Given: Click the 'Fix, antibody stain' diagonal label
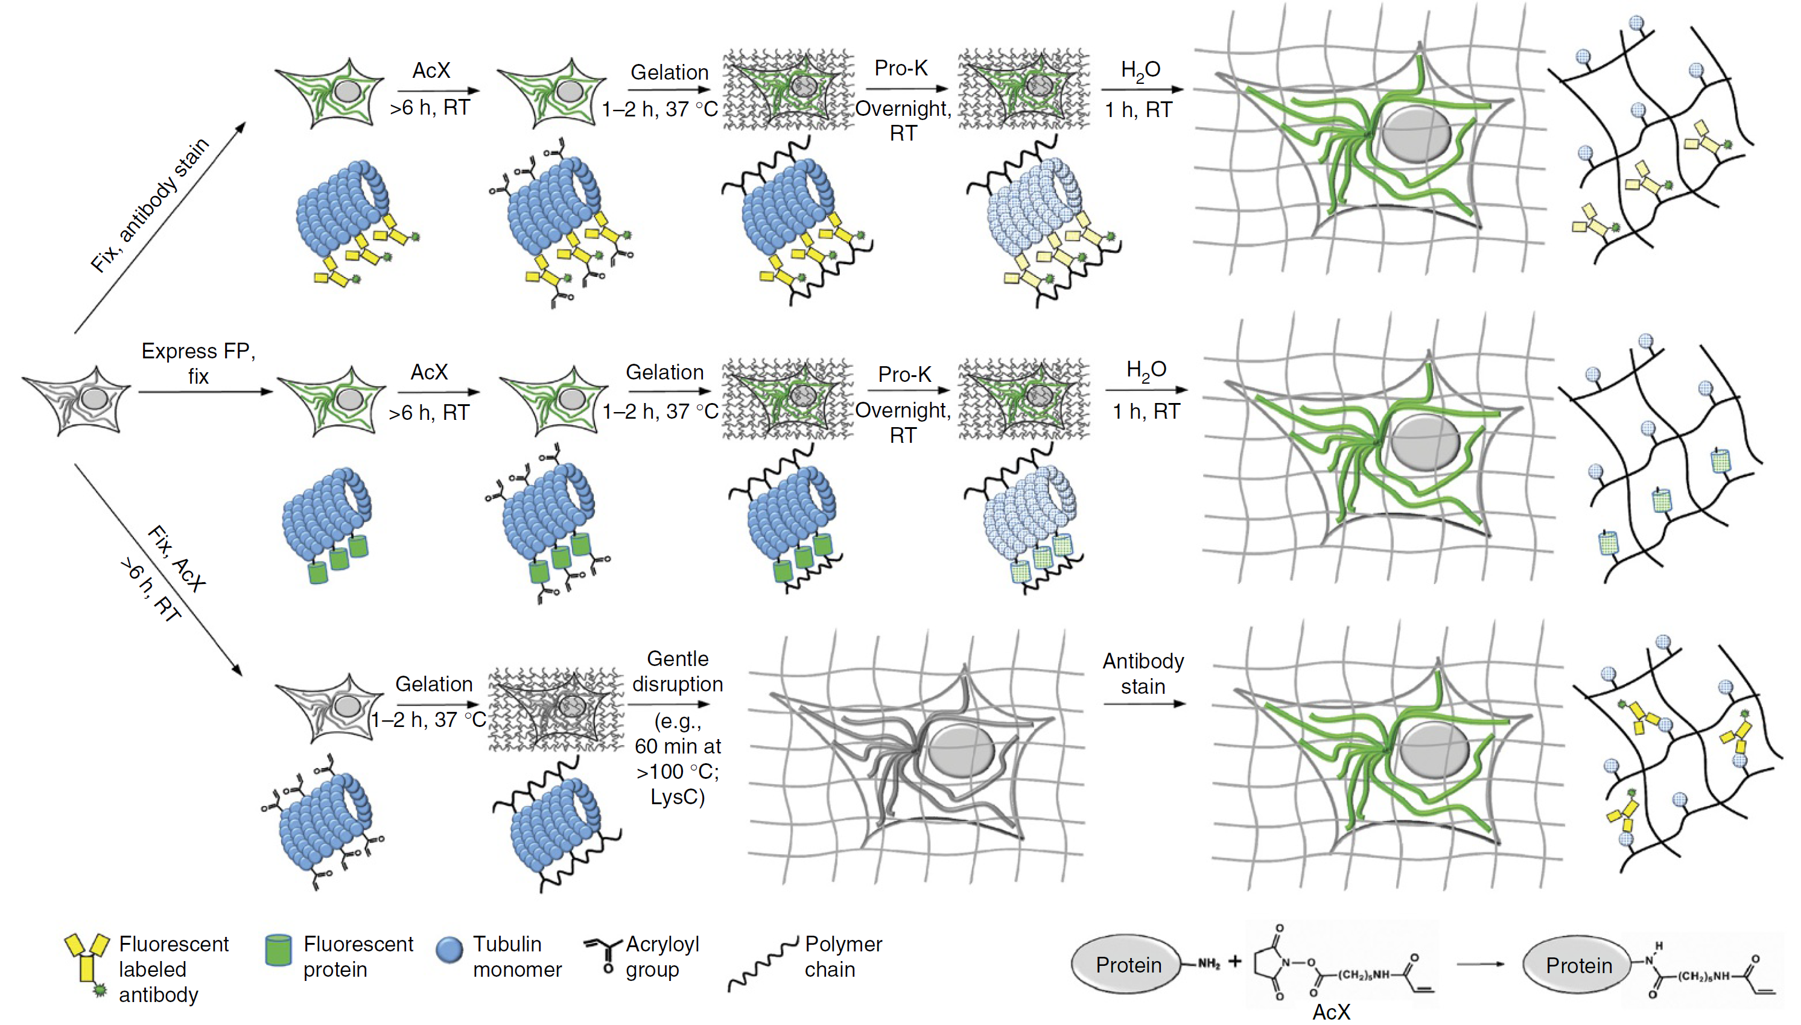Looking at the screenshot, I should click(x=151, y=205).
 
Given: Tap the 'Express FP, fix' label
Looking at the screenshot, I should click(x=198, y=363).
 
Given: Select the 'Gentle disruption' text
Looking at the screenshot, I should click(x=678, y=671).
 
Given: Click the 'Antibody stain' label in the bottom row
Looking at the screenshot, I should click(x=1143, y=674).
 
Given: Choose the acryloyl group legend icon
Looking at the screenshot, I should click(x=603, y=953).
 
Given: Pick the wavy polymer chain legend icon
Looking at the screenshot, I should click(x=763, y=965).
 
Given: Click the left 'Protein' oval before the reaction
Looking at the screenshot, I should click(x=1128, y=965).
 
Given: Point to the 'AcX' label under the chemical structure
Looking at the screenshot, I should click(x=1330, y=1012).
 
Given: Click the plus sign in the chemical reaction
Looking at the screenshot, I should click(x=1235, y=961).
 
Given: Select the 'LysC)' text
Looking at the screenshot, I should click(x=678, y=797).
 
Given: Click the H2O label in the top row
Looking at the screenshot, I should click(x=1140, y=71).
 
